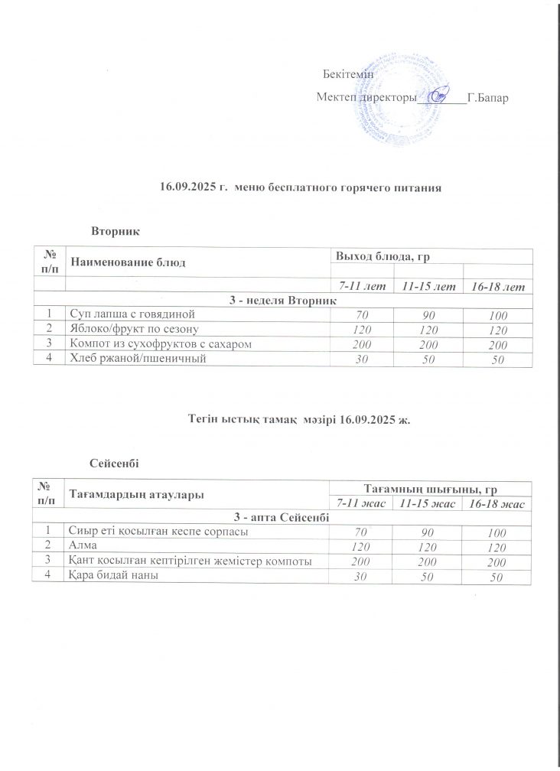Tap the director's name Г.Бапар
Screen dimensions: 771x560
coord(487,99)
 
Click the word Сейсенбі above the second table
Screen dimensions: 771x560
coord(115,462)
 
